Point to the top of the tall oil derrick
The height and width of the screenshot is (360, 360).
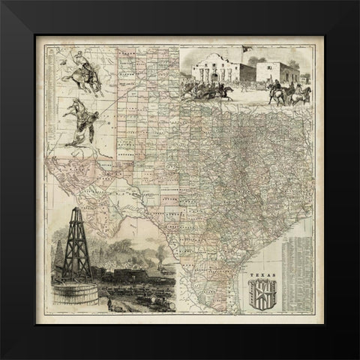pos(76,211)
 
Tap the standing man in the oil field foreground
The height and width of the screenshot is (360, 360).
pos(110,303)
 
